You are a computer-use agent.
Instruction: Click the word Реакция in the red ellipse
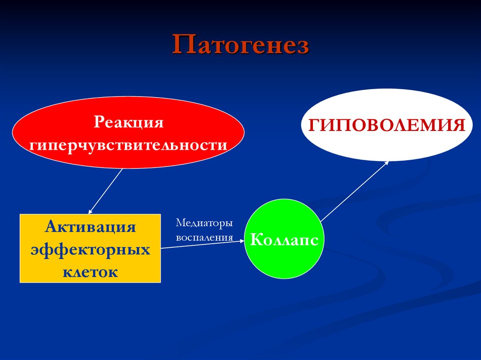tap(128, 123)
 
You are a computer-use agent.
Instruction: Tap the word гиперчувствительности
tap(128, 144)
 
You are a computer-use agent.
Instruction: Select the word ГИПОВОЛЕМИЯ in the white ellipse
tap(387, 125)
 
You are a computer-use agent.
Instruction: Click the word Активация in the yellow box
tap(91, 227)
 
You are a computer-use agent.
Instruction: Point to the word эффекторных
tap(91, 249)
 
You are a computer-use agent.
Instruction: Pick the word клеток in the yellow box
tap(91, 271)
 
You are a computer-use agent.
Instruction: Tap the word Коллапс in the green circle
tap(285, 240)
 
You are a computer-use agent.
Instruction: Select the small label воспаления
tap(204, 237)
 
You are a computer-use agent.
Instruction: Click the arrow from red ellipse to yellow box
tap(106, 191)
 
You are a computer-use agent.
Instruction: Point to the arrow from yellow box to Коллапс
tap(202, 245)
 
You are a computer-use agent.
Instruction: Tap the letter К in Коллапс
tap(256, 240)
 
